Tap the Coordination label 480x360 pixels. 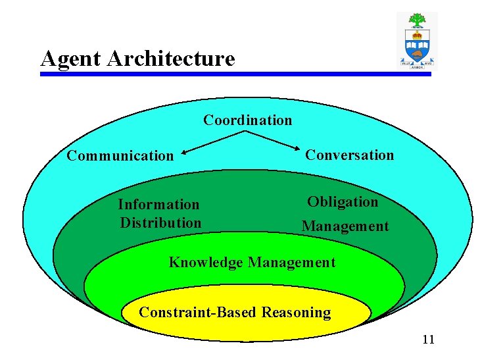point(247,120)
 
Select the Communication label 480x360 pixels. point(120,156)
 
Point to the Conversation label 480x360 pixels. point(349,155)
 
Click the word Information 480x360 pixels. point(158,205)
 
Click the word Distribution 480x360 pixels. point(160,222)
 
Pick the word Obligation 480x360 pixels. point(343,202)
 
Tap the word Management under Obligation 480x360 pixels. point(345,226)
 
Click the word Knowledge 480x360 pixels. point(206,262)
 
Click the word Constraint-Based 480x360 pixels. point(198,312)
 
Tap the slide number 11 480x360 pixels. point(428,340)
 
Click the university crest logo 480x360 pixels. point(417,41)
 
